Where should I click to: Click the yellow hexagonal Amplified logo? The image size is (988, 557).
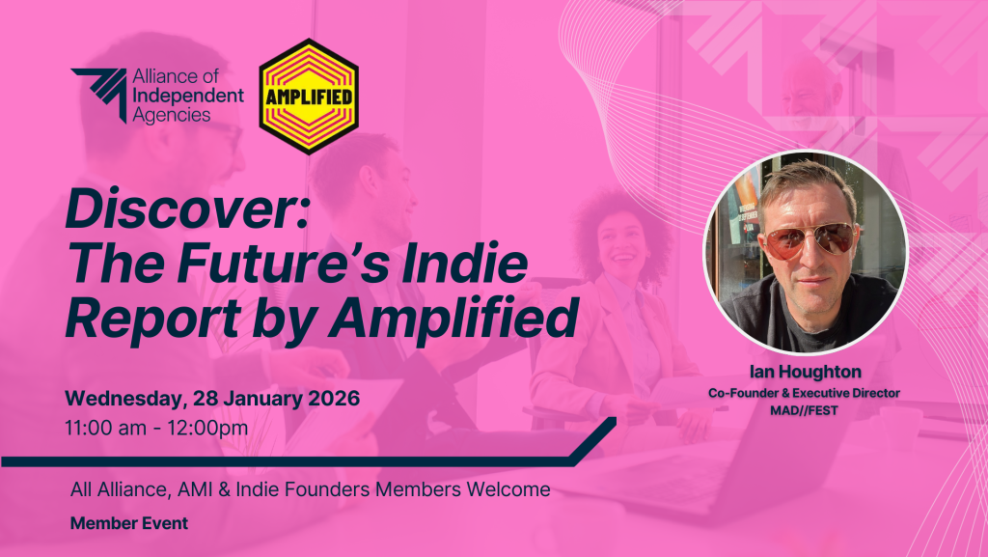click(x=309, y=97)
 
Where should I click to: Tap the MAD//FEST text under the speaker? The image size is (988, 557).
click(x=805, y=408)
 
